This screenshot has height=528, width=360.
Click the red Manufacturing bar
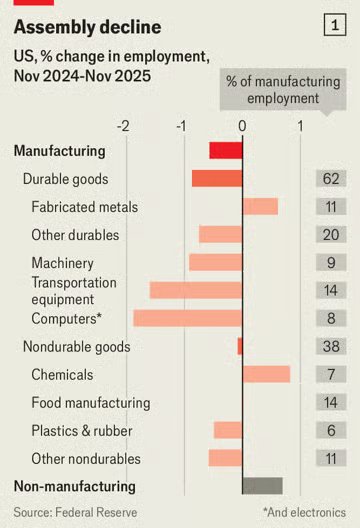[226, 151]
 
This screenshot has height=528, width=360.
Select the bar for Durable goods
[217, 178]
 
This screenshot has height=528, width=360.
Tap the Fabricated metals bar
[260, 206]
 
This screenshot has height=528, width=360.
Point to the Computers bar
[188, 318]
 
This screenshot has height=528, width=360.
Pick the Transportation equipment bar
[196, 290]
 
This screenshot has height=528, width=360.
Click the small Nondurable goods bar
[240, 346]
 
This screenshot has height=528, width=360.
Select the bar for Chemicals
[266, 374]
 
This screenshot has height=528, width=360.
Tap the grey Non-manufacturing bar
[263, 486]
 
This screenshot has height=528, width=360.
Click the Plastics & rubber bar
[228, 430]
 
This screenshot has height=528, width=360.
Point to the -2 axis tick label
[123, 126]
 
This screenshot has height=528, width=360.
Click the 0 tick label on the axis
[242, 126]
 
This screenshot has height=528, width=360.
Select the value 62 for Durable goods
[331, 178]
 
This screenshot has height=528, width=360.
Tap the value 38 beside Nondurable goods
[331, 346]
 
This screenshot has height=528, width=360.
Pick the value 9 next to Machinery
[331, 262]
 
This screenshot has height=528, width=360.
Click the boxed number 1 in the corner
[335, 25]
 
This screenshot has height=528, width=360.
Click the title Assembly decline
[88, 27]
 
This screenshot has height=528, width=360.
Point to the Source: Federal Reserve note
[75, 512]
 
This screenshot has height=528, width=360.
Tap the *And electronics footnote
[304, 512]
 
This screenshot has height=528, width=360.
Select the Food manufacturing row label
[91, 403]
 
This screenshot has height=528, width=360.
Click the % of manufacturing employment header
[283, 90]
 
